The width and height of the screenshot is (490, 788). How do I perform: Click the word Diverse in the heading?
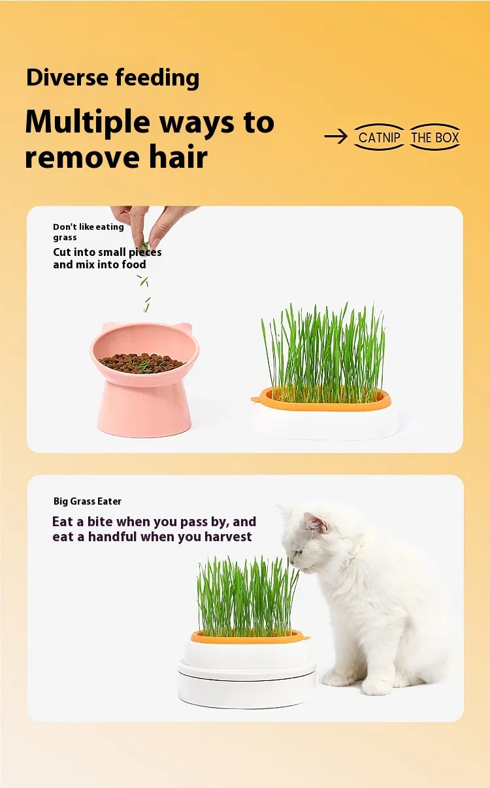67,78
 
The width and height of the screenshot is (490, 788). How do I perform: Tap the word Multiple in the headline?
88,122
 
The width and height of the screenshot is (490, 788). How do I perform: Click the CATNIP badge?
379,137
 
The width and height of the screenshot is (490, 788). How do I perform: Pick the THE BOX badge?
435,137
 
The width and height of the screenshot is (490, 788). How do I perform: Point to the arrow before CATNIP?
336,136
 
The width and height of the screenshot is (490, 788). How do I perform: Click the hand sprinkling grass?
152,225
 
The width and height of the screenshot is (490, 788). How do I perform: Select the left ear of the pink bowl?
108,327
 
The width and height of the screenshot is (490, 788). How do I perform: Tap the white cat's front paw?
375,686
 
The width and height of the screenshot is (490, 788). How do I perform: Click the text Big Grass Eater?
88,501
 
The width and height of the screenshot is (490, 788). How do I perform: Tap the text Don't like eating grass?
88,232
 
